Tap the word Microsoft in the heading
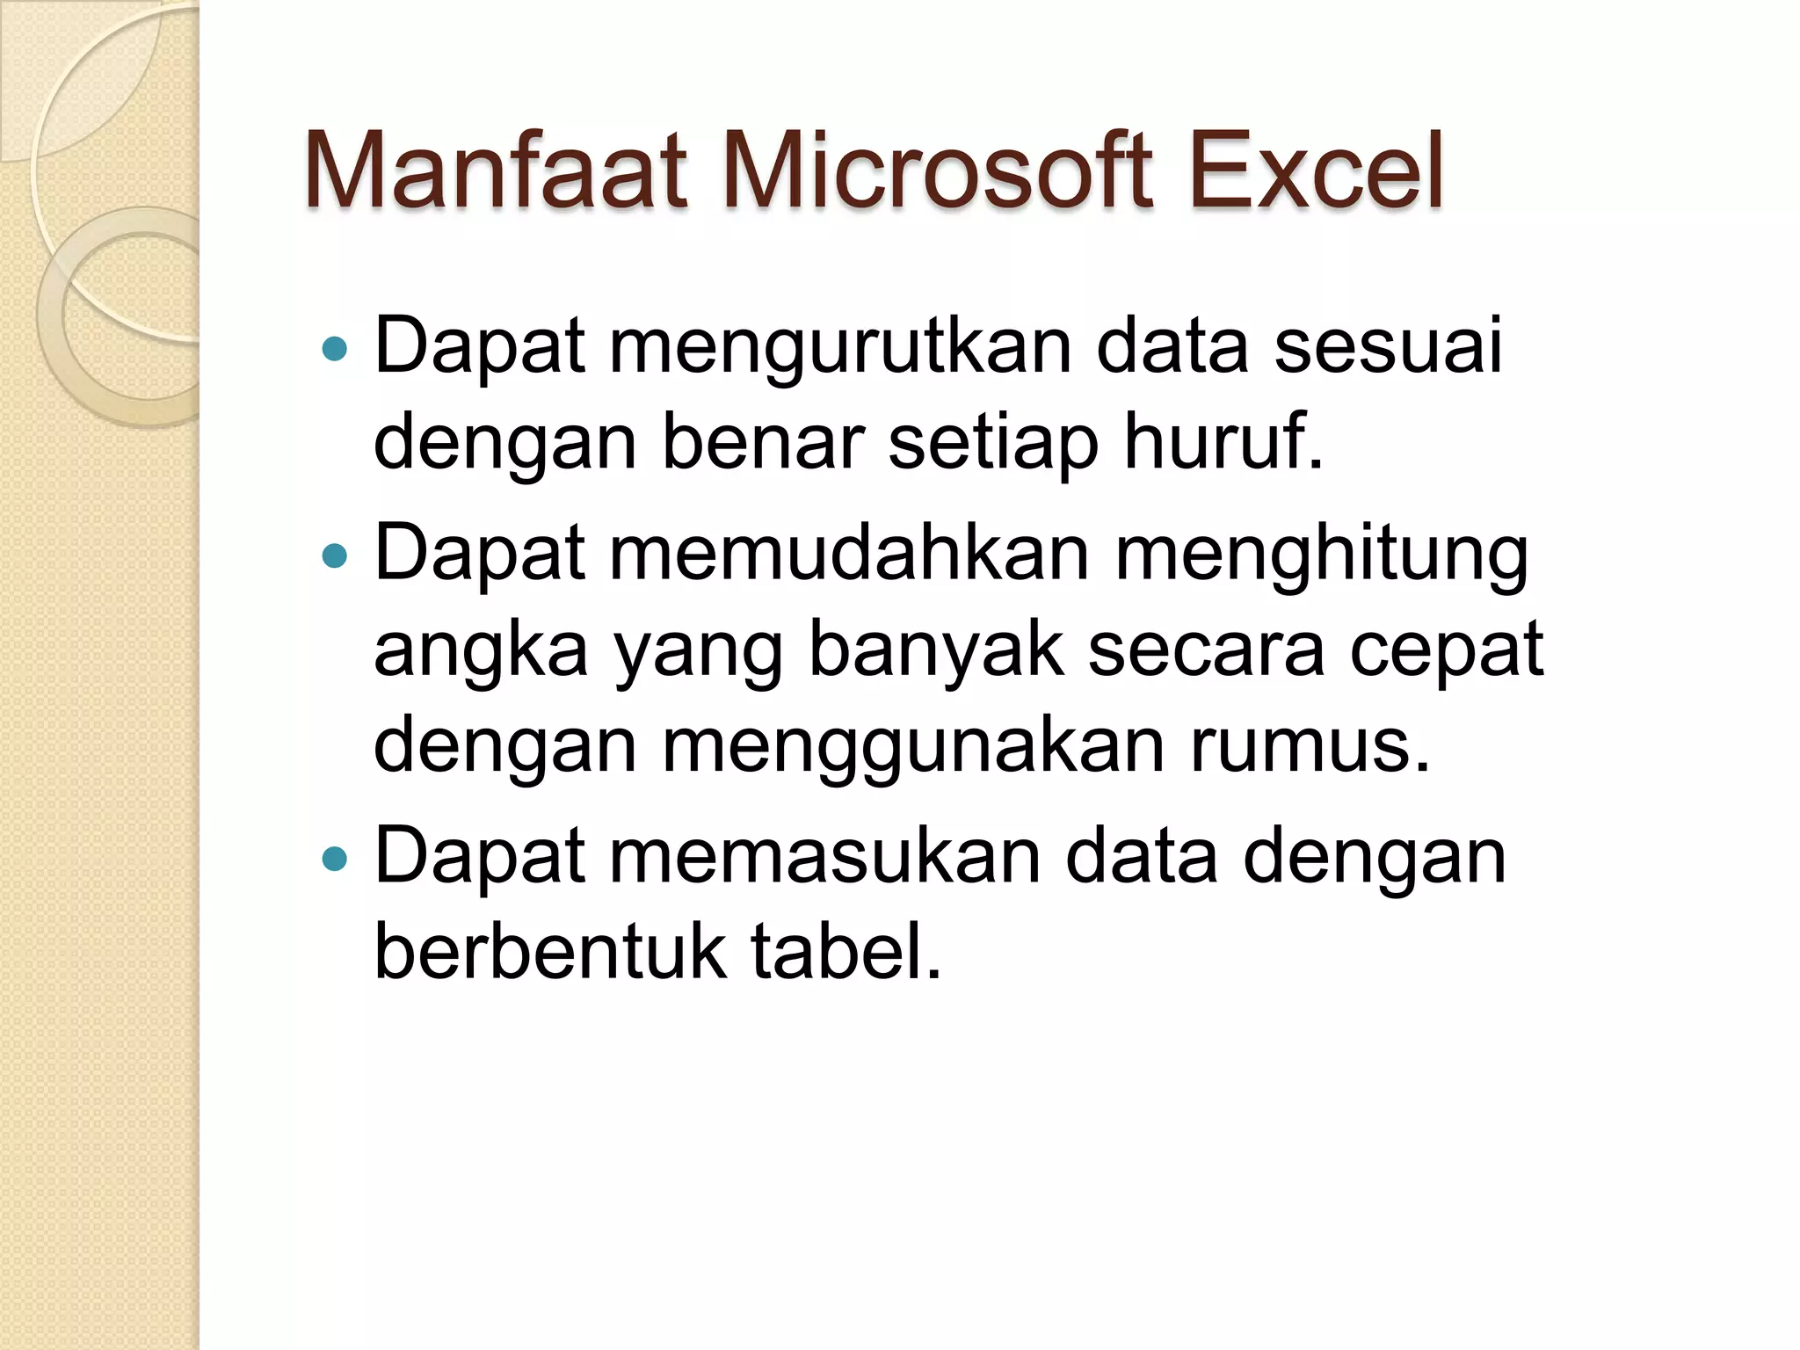click(x=936, y=171)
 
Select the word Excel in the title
click(x=1315, y=171)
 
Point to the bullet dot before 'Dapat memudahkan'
click(x=335, y=555)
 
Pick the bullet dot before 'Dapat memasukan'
click(x=335, y=858)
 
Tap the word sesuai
click(x=1388, y=346)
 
